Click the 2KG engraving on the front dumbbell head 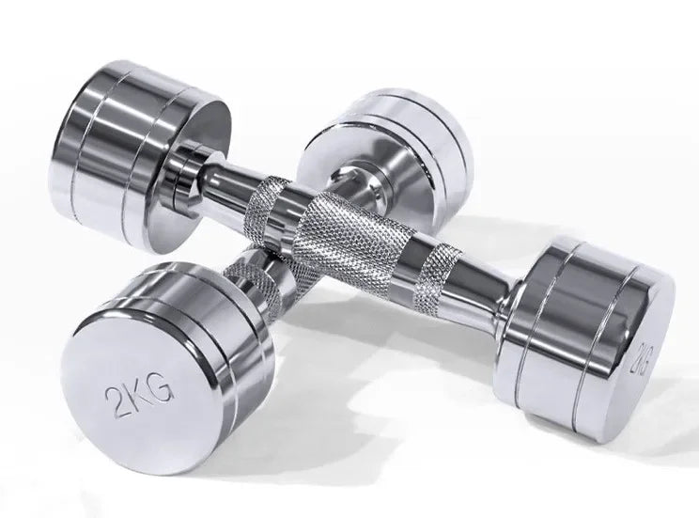[x=138, y=397]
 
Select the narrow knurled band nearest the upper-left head [x=266, y=203]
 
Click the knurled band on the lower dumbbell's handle [x=258, y=281]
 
